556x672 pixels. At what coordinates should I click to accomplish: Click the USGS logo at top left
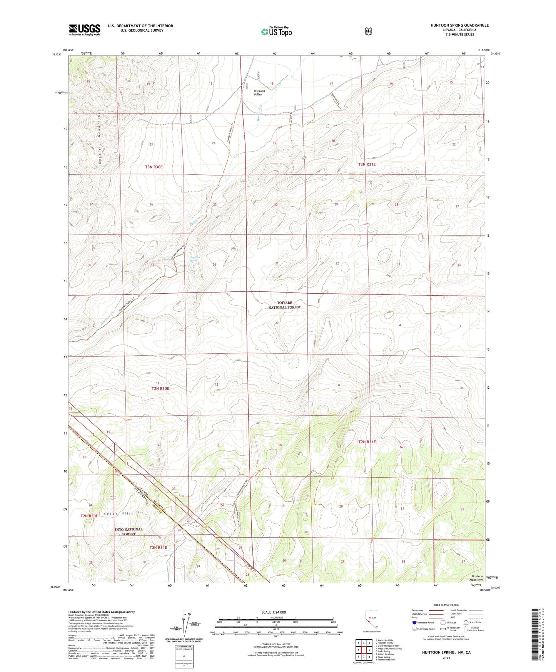(85, 30)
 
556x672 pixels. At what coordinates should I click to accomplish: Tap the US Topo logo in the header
(276, 32)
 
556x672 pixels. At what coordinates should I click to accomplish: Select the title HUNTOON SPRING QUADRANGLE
(459, 25)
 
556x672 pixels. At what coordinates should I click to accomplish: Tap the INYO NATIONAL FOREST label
(129, 532)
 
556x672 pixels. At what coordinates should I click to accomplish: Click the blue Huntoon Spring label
(194, 259)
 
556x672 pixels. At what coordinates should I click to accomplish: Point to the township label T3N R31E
(367, 164)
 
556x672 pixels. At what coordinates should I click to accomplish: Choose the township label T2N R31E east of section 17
(367, 442)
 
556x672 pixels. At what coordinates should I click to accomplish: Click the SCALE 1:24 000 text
(274, 612)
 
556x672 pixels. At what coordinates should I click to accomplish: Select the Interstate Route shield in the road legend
(414, 622)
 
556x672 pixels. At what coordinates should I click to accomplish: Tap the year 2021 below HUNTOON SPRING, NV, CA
(446, 658)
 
